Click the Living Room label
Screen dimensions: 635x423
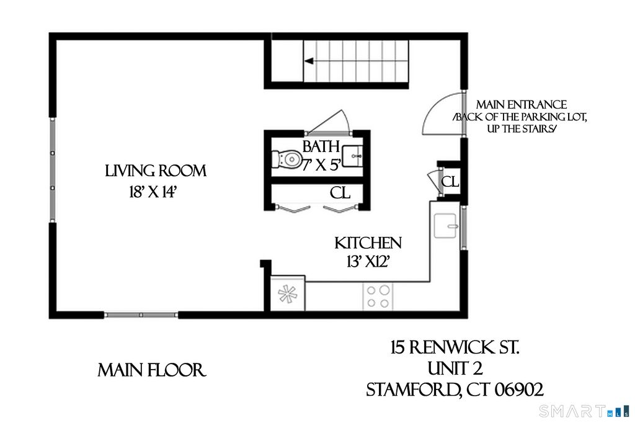pyautogui.click(x=156, y=171)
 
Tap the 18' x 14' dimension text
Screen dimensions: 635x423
pyautogui.click(x=152, y=192)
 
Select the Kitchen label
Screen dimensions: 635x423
pyautogui.click(x=368, y=243)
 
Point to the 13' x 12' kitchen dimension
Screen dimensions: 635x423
pyautogui.click(x=368, y=262)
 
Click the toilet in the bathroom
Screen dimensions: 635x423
pyautogui.click(x=287, y=158)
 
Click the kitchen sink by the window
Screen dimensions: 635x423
pyautogui.click(x=446, y=226)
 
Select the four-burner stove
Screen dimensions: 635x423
pyautogui.click(x=378, y=296)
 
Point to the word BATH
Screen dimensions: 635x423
pyautogui.click(x=321, y=146)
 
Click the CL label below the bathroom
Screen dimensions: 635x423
pyautogui.click(x=340, y=193)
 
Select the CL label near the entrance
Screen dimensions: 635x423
pyautogui.click(x=450, y=182)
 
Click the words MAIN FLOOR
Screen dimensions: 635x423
pyautogui.click(x=152, y=370)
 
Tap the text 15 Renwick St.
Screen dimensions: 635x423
pyautogui.click(x=455, y=347)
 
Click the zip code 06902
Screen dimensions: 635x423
pyautogui.click(x=519, y=390)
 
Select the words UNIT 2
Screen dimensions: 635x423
pyautogui.click(x=455, y=368)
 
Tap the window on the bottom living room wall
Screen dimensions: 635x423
pyautogui.click(x=141, y=315)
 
